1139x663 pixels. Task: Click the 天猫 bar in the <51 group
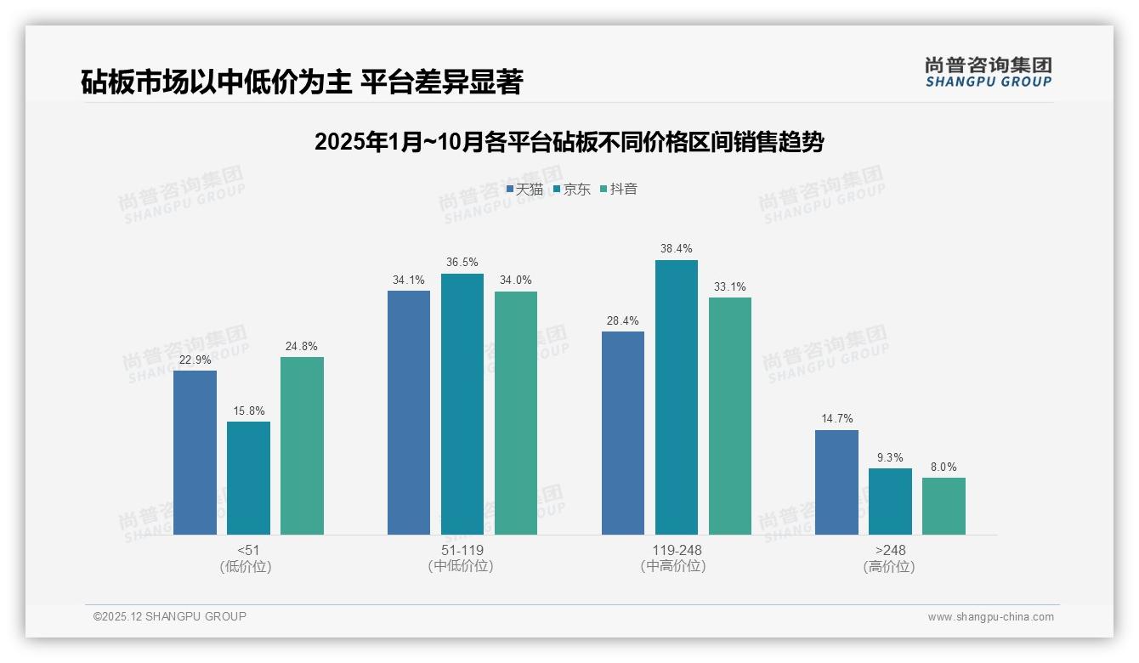click(195, 452)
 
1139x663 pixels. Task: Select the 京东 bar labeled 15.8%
click(248, 478)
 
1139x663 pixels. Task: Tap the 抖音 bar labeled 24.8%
click(302, 445)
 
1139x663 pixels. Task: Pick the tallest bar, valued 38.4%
click(676, 397)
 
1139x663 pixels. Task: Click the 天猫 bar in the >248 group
click(836, 482)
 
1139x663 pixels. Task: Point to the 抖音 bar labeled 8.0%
click(943, 506)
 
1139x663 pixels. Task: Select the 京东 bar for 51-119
click(462, 404)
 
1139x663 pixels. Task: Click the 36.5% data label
click(462, 263)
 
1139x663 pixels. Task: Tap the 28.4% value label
click(623, 320)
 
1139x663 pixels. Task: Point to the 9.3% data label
click(890, 457)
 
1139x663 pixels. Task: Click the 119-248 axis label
click(676, 550)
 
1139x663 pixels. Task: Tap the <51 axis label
click(248, 550)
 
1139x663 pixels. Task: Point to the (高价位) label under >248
click(889, 566)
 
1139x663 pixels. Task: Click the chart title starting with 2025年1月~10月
click(569, 142)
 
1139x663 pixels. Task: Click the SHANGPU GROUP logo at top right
click(988, 71)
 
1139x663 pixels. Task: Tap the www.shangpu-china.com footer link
click(990, 617)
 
